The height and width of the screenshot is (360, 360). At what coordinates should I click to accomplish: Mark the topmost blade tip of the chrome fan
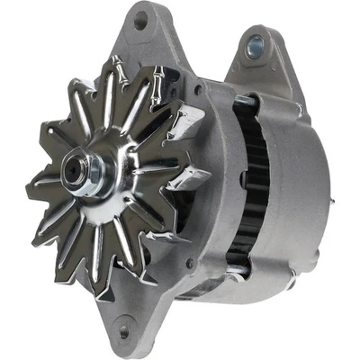(114, 59)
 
